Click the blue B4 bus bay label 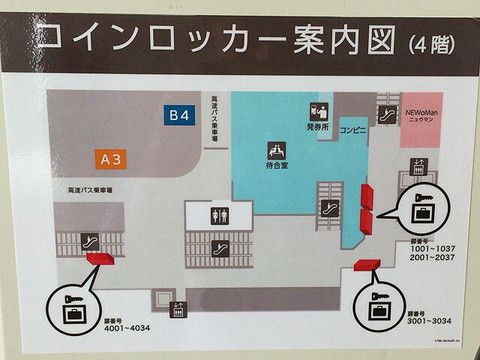click(179, 116)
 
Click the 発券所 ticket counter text click(318, 129)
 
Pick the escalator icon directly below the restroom click(219, 243)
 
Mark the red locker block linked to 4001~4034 click(100, 259)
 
